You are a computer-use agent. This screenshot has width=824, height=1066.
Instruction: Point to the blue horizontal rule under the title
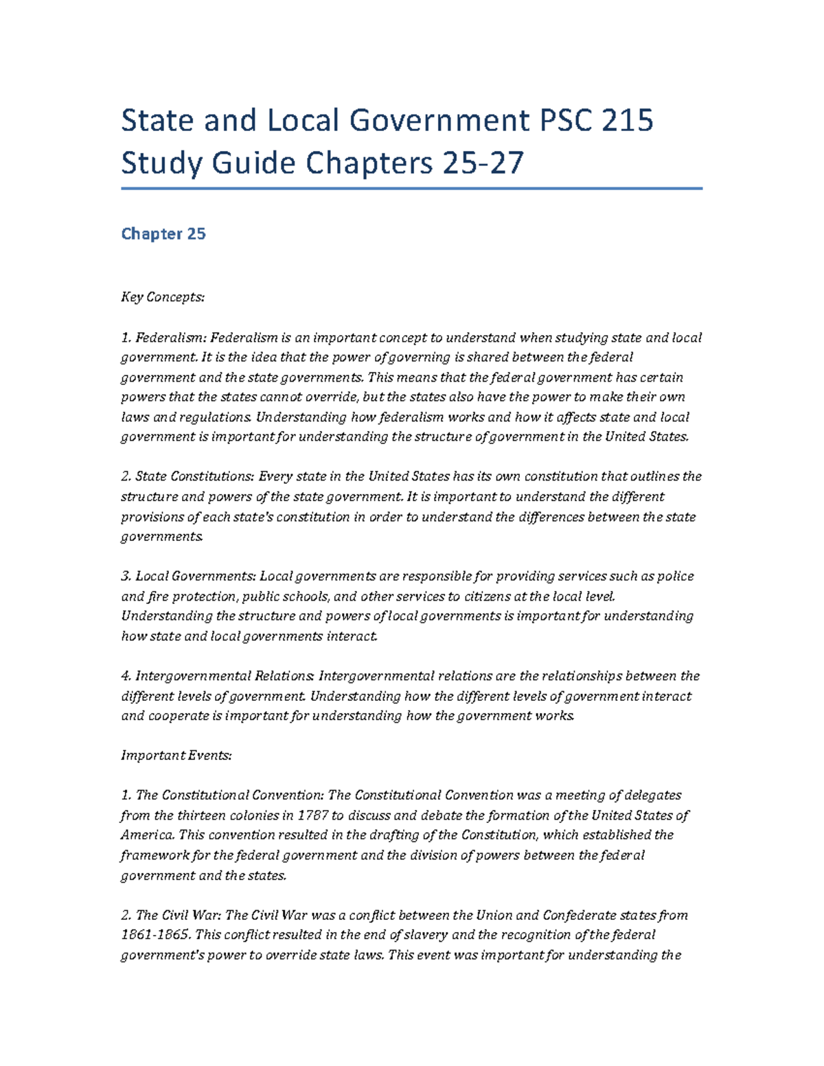[x=412, y=188]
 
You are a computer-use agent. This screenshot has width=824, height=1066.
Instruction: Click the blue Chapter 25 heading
[x=163, y=234]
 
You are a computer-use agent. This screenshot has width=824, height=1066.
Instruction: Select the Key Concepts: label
[x=163, y=297]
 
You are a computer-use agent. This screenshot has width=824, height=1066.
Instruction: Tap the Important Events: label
[x=176, y=755]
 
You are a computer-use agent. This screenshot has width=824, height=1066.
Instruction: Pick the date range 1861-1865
[x=155, y=935]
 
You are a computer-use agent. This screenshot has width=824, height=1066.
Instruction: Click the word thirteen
[x=203, y=815]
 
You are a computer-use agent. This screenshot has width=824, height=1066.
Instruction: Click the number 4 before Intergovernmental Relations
[x=125, y=676]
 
